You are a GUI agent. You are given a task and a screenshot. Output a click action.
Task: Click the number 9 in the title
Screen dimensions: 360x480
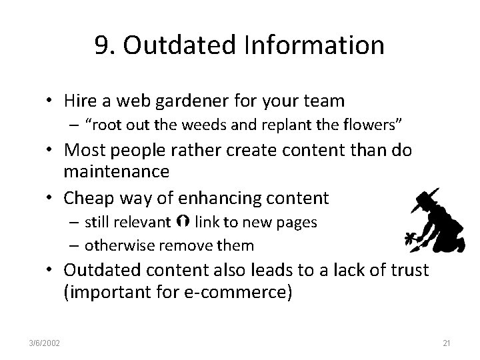point(102,45)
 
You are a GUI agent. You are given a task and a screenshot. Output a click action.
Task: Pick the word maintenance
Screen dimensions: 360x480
point(117,171)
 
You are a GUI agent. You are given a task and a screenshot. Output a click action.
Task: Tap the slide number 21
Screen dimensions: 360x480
point(447,343)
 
